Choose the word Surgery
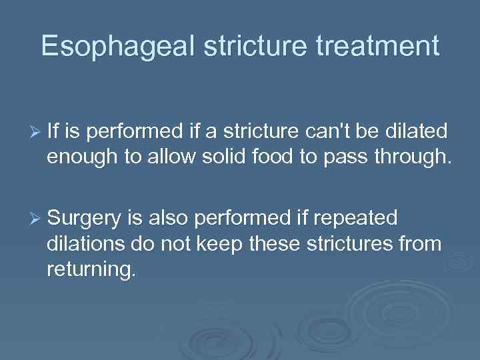(84, 218)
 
